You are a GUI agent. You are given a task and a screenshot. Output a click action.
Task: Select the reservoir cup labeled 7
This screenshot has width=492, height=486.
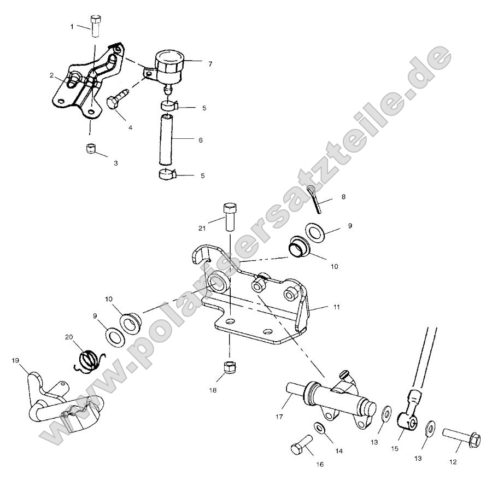pyautogui.click(x=170, y=66)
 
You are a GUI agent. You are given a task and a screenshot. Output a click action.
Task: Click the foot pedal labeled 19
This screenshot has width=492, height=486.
pyautogui.click(x=60, y=405)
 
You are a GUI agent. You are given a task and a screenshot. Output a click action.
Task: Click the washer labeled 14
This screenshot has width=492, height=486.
pyautogui.click(x=319, y=430)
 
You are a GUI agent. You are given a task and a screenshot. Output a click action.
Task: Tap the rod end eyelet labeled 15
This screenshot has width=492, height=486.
pyautogui.click(x=407, y=419)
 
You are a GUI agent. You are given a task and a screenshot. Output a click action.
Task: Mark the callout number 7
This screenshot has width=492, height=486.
pyautogui.click(x=210, y=64)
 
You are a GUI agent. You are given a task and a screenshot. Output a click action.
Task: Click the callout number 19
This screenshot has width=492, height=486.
pyautogui.click(x=15, y=361)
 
